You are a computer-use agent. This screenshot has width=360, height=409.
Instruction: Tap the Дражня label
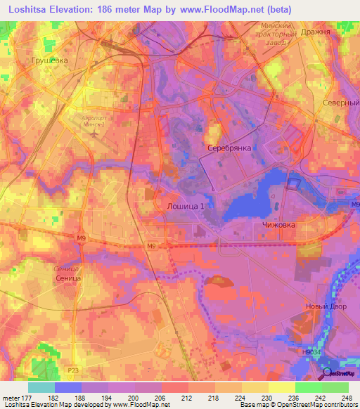[x=329, y=32]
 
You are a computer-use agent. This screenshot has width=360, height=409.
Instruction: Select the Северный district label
[x=340, y=103]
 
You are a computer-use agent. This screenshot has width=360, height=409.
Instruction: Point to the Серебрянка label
[x=230, y=149]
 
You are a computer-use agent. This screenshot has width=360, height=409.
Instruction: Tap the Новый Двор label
[x=323, y=306]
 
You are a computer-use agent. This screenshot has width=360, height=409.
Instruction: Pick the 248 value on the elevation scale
[x=348, y=398]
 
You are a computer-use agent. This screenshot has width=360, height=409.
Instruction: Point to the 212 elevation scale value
[x=188, y=398]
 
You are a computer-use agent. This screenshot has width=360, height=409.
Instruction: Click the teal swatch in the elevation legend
[x=41, y=387]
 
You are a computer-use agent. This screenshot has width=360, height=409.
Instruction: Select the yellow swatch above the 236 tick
[x=281, y=387]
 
